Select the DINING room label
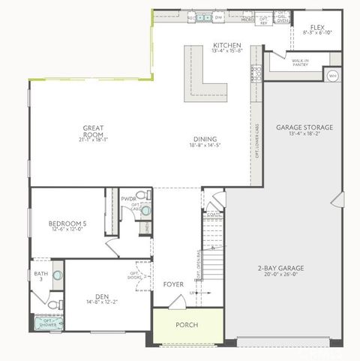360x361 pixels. (205, 139)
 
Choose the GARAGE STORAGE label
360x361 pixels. (304, 128)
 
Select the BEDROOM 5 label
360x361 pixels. (67, 224)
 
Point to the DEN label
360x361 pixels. (103, 296)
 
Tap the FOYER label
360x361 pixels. (174, 284)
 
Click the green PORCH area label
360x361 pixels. (187, 325)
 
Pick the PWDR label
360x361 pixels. (129, 200)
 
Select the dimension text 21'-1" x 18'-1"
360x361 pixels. (93, 140)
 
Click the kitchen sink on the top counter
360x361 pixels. (203, 16)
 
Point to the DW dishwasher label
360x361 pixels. (219, 16)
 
